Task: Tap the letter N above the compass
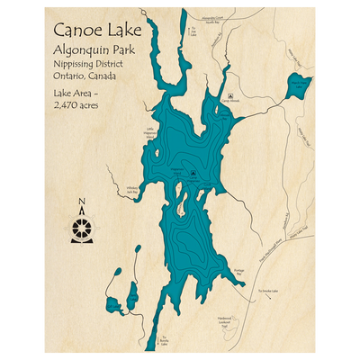82,202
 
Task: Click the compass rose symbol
82,226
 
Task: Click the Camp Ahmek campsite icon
231,94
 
